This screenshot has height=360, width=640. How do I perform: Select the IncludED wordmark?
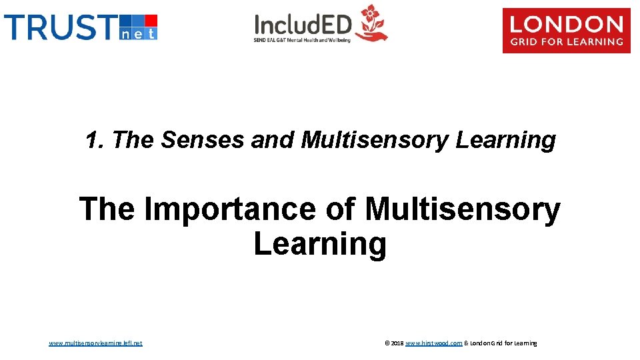click(303, 25)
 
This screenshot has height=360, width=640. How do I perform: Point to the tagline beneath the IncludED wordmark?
click(301, 40)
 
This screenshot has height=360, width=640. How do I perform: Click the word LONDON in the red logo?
click(566, 25)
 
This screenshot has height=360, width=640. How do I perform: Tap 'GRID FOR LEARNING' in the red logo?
click(566, 42)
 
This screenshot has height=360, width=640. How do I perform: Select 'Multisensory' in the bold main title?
click(463, 209)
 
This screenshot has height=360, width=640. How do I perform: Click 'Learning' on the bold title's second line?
click(320, 244)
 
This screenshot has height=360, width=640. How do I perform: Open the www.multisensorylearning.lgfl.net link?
click(95, 343)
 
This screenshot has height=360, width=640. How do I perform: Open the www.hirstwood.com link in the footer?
click(433, 343)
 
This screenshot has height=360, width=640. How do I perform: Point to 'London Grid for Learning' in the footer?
click(504, 343)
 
